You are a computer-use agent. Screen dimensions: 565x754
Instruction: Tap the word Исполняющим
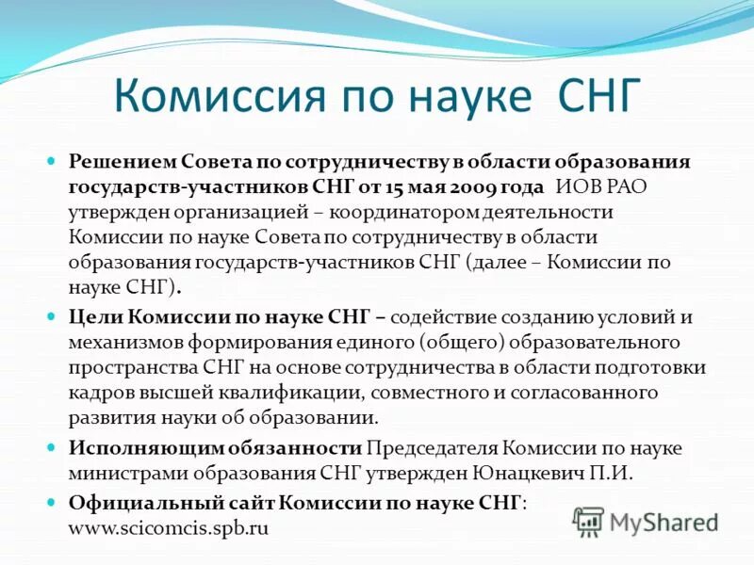point(138,447)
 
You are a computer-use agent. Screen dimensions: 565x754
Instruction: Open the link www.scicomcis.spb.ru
point(169,527)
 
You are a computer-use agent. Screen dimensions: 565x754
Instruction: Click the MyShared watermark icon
point(588,521)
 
